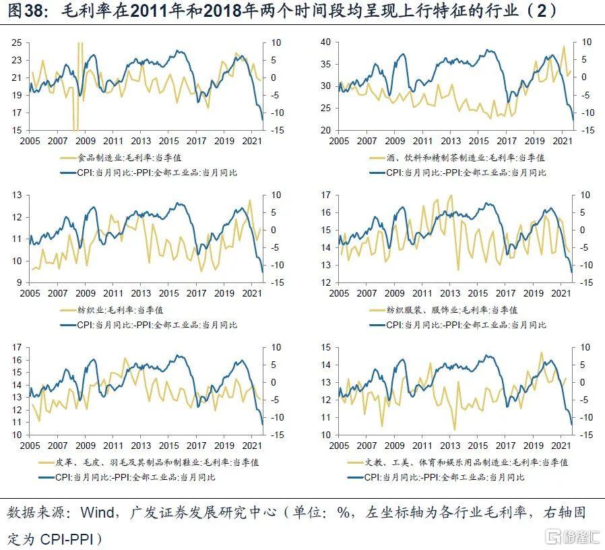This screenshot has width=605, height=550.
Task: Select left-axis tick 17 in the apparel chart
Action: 325,195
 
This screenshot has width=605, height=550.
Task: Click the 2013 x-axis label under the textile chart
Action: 140,294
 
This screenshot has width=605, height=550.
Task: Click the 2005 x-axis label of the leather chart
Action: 30,446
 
